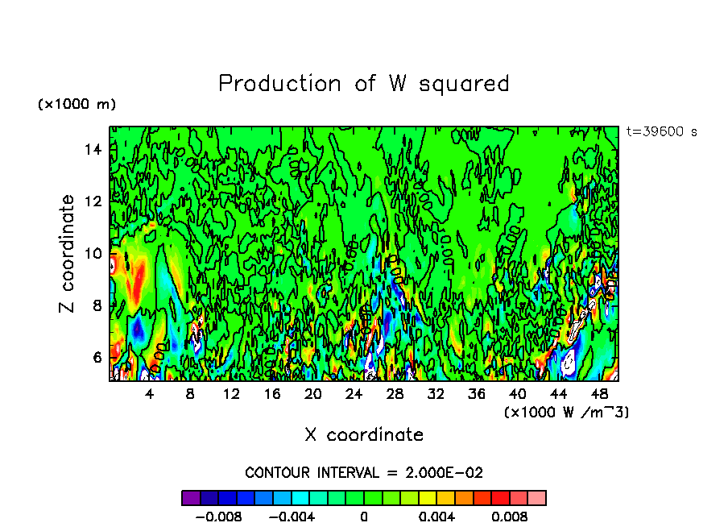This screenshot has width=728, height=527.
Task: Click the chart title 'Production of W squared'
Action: (x=364, y=84)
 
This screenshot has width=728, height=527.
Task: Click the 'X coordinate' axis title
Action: (x=364, y=435)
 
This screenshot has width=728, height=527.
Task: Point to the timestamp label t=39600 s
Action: (x=661, y=131)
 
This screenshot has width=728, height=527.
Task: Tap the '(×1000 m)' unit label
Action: (x=77, y=105)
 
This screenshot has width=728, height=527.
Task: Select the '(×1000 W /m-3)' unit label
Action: (x=566, y=413)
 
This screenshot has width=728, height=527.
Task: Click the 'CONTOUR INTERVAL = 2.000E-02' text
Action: (x=364, y=472)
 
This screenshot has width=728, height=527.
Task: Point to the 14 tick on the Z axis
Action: (x=95, y=149)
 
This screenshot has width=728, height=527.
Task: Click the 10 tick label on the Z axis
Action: (x=95, y=253)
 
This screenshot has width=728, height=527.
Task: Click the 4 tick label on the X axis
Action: (x=149, y=394)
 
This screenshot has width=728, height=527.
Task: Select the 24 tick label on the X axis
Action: (x=354, y=394)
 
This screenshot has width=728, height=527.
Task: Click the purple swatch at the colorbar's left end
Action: (x=191, y=498)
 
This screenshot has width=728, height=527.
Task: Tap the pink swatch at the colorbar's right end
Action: (x=537, y=498)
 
